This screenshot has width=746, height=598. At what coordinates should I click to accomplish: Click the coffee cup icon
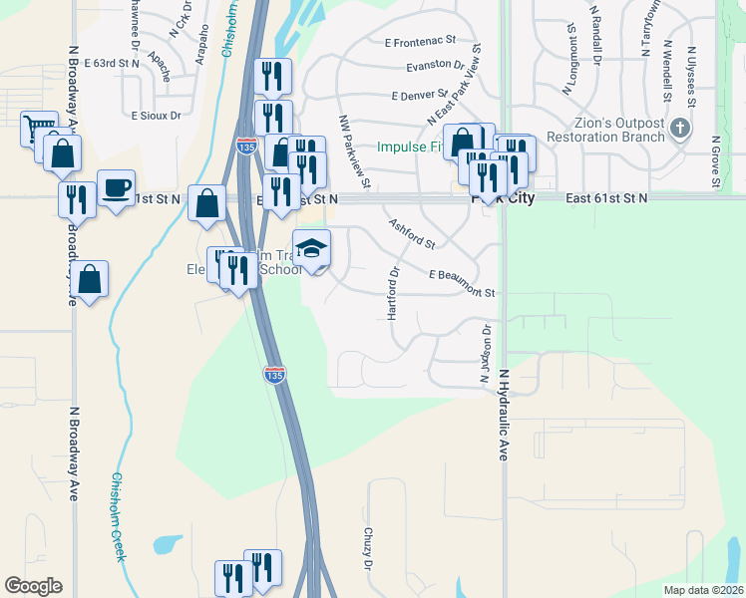click(116, 187)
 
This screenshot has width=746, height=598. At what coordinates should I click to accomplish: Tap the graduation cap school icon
click(311, 249)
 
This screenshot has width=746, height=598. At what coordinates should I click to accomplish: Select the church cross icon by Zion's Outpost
click(680, 128)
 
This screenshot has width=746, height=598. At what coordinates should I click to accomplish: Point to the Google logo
click(33, 586)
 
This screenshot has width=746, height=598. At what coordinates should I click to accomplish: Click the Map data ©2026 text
click(703, 590)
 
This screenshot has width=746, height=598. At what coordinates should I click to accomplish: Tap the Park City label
click(505, 198)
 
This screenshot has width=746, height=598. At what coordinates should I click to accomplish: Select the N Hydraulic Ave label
click(504, 415)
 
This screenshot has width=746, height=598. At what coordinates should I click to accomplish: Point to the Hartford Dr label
click(393, 293)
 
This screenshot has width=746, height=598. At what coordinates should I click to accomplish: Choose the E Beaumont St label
click(463, 283)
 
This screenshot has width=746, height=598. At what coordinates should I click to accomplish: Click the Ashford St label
click(412, 234)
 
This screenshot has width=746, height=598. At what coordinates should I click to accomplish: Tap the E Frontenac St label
click(419, 42)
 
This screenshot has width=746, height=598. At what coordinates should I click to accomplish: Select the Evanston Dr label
click(435, 67)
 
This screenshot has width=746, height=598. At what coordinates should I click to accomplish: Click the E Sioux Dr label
click(156, 116)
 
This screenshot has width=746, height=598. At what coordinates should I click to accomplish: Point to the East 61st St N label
click(606, 198)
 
